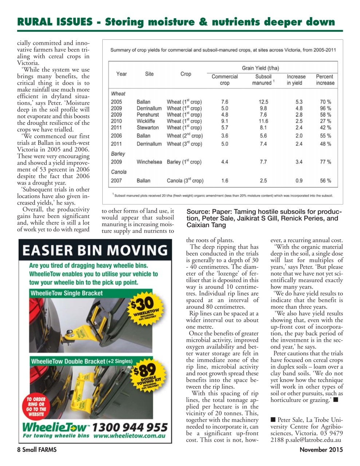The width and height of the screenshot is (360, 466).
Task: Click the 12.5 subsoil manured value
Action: pyautogui.click(x=263, y=102)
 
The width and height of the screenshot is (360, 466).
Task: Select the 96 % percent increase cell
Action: pyautogui.click(x=325, y=108)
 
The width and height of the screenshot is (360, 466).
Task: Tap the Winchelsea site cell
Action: pyautogui.click(x=149, y=162)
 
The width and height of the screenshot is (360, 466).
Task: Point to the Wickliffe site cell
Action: pyautogui.click(x=146, y=121)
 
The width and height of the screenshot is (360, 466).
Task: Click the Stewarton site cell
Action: pyautogui.click(x=147, y=128)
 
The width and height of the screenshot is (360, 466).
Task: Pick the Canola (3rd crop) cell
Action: pyautogui.click(x=185, y=181)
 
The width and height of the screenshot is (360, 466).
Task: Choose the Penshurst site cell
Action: pyautogui.click(x=148, y=115)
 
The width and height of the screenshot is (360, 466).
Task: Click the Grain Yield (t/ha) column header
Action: pyautogui.click(x=260, y=68)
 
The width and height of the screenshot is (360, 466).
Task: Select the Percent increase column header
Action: pyautogui.click(x=325, y=80)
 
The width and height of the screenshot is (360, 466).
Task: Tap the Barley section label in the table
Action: pyautogui.click(x=118, y=154)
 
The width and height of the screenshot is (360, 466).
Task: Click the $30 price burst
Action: pyautogui.click(x=146, y=306)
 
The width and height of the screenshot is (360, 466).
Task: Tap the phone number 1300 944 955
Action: pyautogui.click(x=130, y=427)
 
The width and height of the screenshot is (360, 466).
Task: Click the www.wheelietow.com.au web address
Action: pyautogui.click(x=130, y=436)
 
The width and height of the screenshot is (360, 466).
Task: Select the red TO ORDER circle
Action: pyautogui.click(x=36, y=406)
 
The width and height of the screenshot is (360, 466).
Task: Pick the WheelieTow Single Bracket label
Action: pyautogui.click(x=67, y=293)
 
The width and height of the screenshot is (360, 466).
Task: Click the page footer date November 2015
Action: pyautogui.click(x=321, y=450)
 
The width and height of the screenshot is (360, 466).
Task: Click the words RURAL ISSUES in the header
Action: pyautogui.click(x=55, y=22)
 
